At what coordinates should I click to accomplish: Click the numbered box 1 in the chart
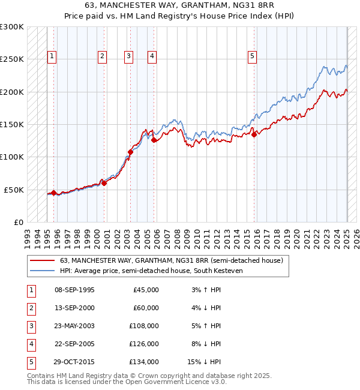tap(52, 56)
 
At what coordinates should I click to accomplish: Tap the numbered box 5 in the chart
tap(252, 56)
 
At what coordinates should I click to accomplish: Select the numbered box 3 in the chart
tap(128, 56)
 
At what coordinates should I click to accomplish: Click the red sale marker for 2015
tap(254, 134)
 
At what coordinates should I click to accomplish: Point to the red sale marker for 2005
tap(154, 140)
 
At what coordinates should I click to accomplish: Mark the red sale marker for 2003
tap(130, 152)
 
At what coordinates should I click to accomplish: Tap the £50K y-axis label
tap(14, 190)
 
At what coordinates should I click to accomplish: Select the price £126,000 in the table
tap(145, 344)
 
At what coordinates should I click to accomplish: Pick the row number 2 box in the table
tap(31, 308)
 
